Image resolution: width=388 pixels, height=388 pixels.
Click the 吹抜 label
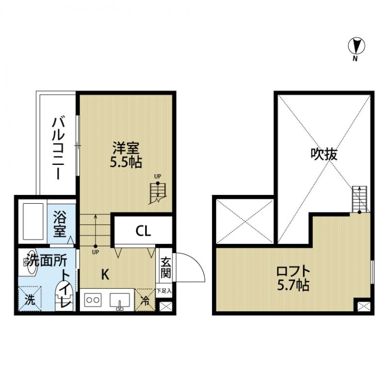(x=323, y=154)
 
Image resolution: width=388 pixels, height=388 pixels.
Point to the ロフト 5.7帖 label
(x=292, y=278)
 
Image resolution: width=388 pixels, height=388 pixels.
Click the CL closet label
(x=143, y=231)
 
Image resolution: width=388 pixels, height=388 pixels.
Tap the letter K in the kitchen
(x=105, y=275)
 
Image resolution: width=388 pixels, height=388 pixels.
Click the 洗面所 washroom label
(x=47, y=260)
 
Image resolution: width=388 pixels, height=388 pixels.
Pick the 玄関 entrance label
(x=165, y=267)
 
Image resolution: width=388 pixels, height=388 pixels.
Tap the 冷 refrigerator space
(x=145, y=301)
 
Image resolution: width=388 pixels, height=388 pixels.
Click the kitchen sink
(x=119, y=301)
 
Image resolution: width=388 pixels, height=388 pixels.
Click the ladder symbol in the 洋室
(x=158, y=192)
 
